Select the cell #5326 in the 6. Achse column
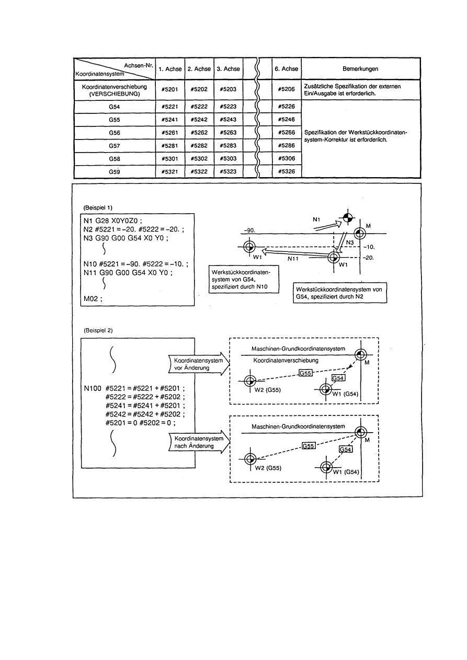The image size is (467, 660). [x=287, y=171]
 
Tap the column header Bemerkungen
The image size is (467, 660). [x=360, y=69]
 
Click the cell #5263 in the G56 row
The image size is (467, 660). [x=228, y=133]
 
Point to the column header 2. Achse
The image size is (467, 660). [x=199, y=69]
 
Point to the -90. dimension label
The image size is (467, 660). [x=248, y=230]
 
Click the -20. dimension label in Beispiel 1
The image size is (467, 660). [x=370, y=258]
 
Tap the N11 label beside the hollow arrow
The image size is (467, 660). [x=293, y=258]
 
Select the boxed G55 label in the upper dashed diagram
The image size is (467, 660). [x=304, y=373]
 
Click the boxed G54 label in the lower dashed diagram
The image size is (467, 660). [x=346, y=449]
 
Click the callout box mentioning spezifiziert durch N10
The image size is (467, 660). [x=243, y=280]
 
